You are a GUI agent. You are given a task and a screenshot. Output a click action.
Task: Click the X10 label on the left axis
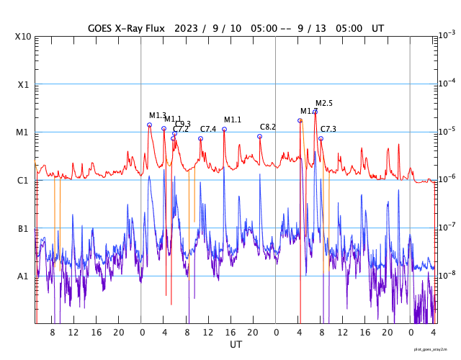pos(22,37)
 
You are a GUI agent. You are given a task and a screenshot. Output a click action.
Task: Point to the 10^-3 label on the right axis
pos(447,35)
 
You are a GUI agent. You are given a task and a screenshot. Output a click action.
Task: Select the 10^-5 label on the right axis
pos(447,130)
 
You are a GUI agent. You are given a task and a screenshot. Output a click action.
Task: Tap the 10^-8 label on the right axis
pos(447,274)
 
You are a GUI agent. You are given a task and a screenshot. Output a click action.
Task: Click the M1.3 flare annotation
pos(158,115)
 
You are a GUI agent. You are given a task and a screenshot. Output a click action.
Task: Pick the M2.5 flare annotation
pos(324,103)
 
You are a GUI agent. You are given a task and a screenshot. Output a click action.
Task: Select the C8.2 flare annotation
pos(268,127)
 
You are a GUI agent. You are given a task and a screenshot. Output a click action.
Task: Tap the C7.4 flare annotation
pos(208,129)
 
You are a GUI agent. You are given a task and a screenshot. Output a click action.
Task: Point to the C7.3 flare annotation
pos(328,129)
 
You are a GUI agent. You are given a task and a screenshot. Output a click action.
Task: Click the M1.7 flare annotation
pos(308,111)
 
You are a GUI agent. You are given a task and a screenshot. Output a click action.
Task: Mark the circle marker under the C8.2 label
pos(260,136)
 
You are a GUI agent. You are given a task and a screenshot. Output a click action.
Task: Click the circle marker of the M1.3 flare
pos(149,125)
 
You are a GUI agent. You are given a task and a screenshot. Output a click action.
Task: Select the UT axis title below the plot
pos(236,345)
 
